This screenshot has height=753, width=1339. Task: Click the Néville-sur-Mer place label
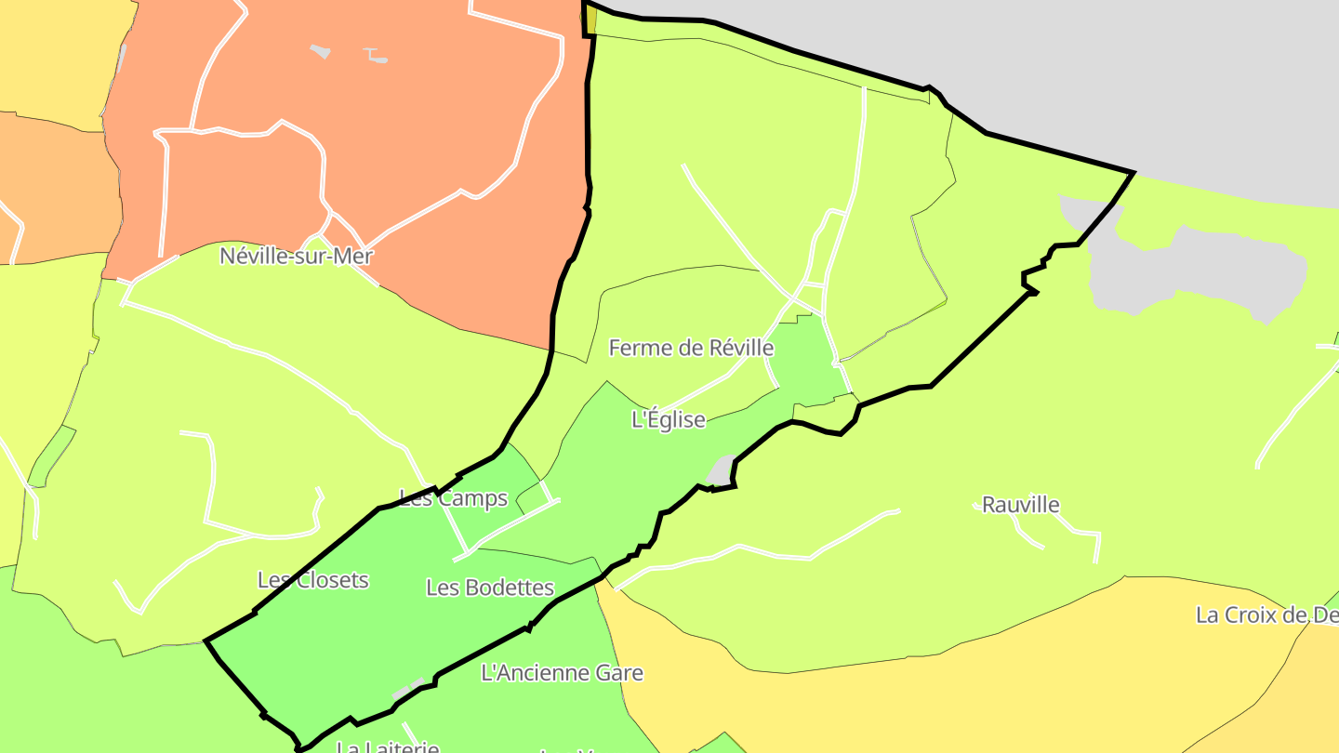click(x=296, y=256)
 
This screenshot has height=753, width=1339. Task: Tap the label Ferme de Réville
click(x=691, y=348)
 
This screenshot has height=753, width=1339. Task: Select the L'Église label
click(x=669, y=419)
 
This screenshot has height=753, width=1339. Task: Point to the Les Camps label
click(x=454, y=498)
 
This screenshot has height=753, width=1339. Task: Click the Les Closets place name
click(x=313, y=580)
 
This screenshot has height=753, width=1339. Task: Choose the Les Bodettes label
click(x=490, y=588)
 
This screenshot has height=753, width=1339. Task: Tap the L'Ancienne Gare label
click(x=562, y=672)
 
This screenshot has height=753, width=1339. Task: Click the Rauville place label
click(x=1021, y=505)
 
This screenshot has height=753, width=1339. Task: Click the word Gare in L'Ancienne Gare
click(x=617, y=672)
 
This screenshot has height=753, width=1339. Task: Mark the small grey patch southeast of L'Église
click(x=720, y=472)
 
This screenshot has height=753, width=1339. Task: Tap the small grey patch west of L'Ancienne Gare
click(x=407, y=692)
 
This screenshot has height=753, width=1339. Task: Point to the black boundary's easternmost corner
click(x=1134, y=173)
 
